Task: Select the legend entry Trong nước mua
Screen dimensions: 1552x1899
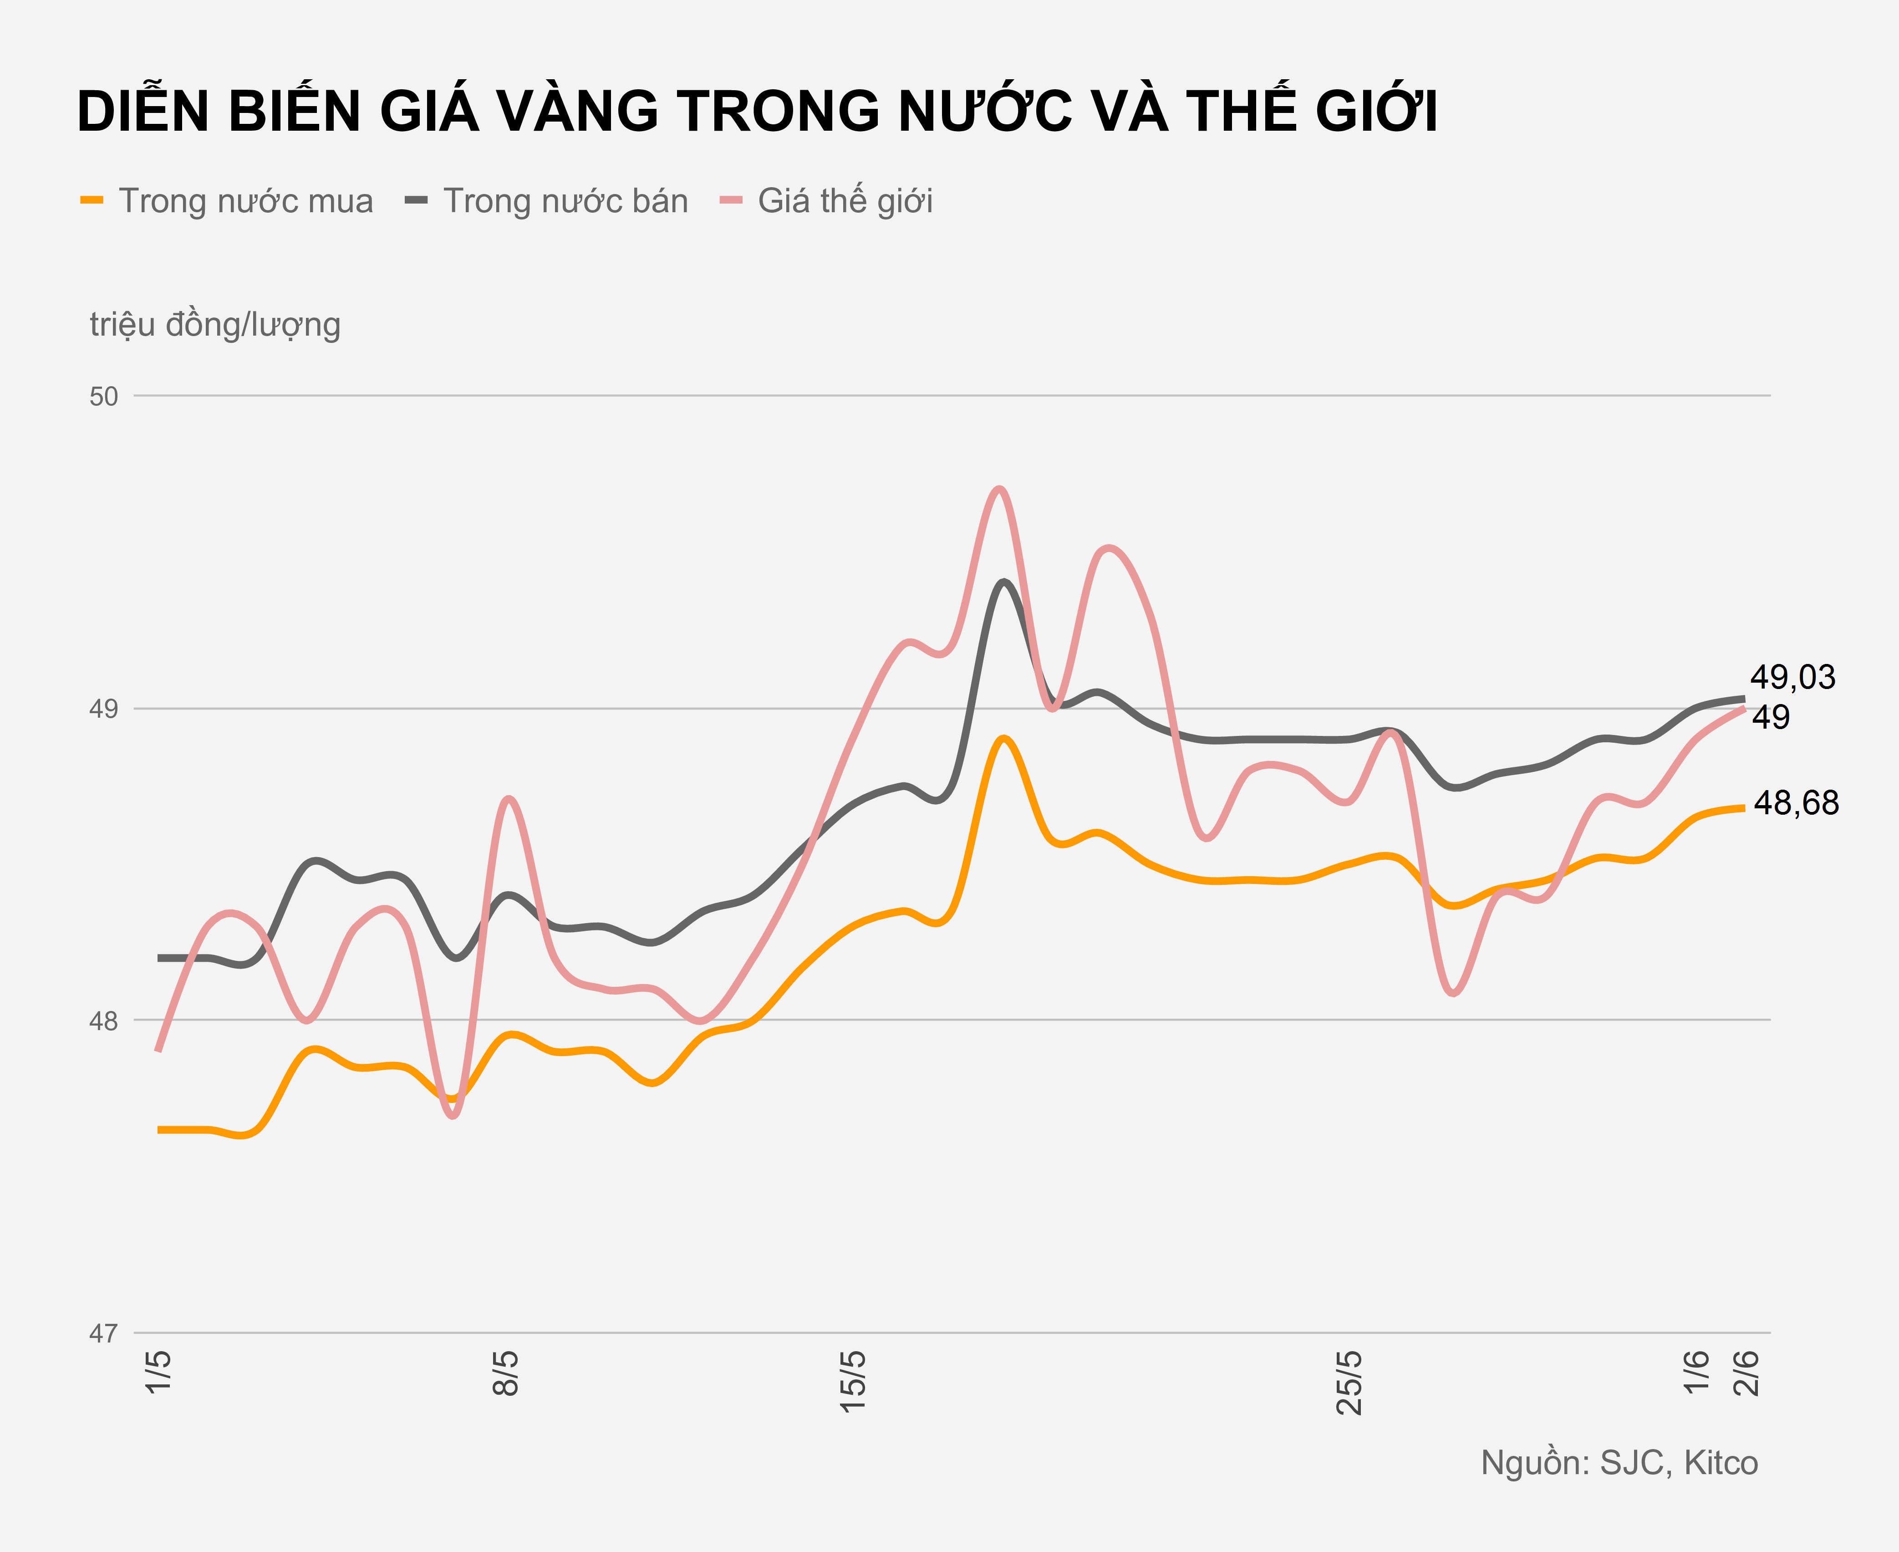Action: pos(245,201)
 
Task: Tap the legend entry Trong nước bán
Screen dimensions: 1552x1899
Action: pos(565,201)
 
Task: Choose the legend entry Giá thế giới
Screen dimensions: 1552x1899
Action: pos(845,201)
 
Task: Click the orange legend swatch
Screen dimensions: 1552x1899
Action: pos(92,200)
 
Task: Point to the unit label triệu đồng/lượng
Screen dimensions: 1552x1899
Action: pos(214,325)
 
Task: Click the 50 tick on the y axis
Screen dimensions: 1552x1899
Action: pos(104,396)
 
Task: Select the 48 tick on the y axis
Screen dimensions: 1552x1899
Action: pos(104,1021)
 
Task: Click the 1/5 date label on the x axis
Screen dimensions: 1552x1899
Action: pos(158,1371)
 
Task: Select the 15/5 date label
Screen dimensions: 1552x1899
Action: pos(853,1381)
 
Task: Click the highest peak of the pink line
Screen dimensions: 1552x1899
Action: pos(1000,489)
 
